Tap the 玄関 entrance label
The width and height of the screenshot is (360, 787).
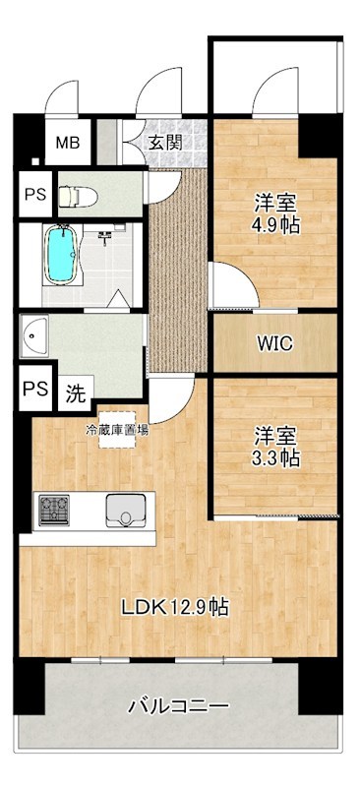tap(165, 143)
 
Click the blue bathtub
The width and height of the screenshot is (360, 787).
tap(62, 255)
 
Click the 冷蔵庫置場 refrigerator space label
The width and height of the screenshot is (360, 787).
tap(117, 429)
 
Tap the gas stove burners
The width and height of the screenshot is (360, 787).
tap(54, 509)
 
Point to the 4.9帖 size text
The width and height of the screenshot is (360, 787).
tap(275, 225)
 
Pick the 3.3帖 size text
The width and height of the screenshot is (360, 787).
tap(275, 457)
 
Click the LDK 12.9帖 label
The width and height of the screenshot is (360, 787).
tap(175, 607)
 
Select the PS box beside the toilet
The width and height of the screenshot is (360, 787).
tap(35, 194)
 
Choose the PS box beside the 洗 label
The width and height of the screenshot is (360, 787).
tap(35, 387)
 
